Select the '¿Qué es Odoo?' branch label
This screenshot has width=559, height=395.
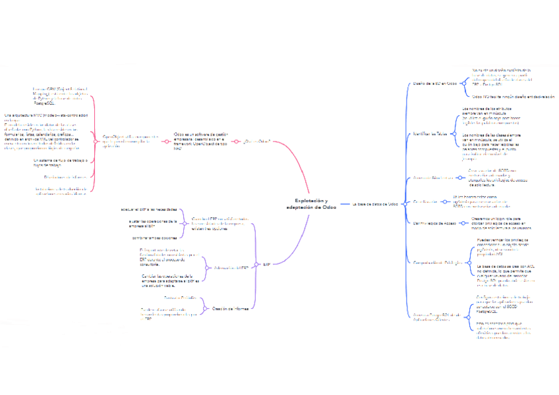(x=257, y=142)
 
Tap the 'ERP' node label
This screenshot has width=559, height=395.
(x=266, y=264)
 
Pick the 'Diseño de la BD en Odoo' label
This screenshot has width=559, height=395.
(x=434, y=84)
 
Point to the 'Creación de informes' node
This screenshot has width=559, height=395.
(x=231, y=308)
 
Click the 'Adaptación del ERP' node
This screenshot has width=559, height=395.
(x=227, y=268)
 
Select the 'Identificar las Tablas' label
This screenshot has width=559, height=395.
(x=432, y=133)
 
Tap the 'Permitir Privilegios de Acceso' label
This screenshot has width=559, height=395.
(x=434, y=224)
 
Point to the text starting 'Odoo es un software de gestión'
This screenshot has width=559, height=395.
(x=198, y=142)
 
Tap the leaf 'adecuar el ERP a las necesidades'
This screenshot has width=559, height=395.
(x=149, y=209)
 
